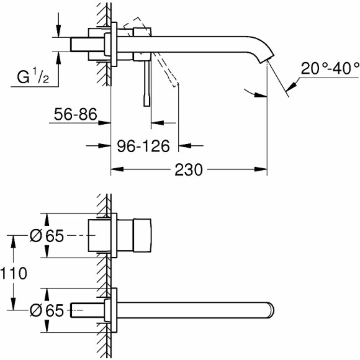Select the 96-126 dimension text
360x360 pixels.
coord(143,147)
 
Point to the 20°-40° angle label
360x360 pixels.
coord(331,68)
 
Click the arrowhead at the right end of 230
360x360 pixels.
coord(262,168)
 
